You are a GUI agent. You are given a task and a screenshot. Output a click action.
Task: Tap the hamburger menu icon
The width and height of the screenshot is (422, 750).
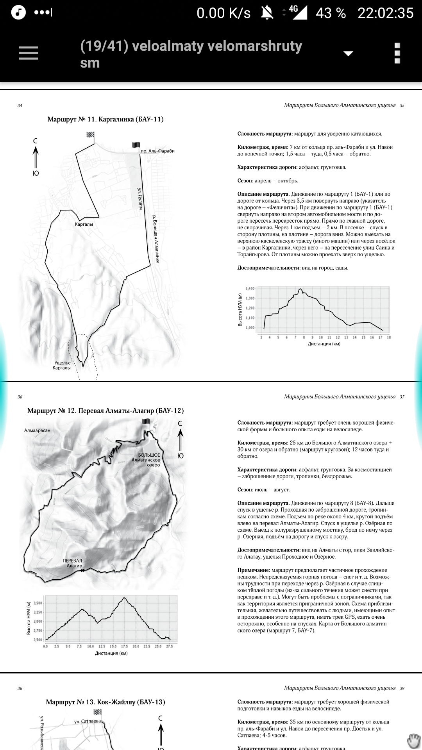point(29,53)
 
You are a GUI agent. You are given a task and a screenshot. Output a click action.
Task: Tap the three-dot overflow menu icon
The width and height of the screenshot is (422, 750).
point(397,53)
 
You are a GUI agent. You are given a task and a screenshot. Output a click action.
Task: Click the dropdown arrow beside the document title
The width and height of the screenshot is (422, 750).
point(348,54)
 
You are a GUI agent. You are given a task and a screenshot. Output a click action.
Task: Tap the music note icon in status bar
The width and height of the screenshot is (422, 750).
point(18,12)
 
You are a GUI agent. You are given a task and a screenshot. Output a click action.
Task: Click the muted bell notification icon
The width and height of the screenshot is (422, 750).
point(267,13)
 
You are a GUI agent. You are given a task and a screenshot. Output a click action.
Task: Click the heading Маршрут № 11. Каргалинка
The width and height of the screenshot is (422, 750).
point(105,119)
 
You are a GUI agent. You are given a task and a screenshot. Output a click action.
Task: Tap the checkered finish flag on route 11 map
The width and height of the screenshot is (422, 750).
point(91,135)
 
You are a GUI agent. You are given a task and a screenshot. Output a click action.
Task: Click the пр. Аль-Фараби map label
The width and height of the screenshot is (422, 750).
point(157,151)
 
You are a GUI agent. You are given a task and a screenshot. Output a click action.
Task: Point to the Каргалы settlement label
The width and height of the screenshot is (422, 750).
point(84,224)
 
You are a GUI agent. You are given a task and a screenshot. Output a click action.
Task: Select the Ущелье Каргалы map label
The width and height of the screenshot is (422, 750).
point(62,365)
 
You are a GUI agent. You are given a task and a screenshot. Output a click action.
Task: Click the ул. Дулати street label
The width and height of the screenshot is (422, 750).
point(140,198)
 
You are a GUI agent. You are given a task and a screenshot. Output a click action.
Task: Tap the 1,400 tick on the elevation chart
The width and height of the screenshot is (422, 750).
point(250,289)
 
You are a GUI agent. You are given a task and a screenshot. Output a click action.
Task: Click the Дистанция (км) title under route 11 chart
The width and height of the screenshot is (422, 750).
point(324,344)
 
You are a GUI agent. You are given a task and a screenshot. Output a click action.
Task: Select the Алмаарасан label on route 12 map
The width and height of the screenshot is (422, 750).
point(37,430)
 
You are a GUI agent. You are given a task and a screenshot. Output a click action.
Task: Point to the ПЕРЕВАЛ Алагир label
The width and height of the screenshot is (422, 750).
point(73,563)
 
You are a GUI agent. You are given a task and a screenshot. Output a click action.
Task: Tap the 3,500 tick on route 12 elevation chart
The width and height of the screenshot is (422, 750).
point(38,603)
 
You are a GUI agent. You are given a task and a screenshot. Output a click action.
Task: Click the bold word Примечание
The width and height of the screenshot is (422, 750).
point(253,570)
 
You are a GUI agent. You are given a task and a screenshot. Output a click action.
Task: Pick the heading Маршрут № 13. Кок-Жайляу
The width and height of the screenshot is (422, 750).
point(105,702)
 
